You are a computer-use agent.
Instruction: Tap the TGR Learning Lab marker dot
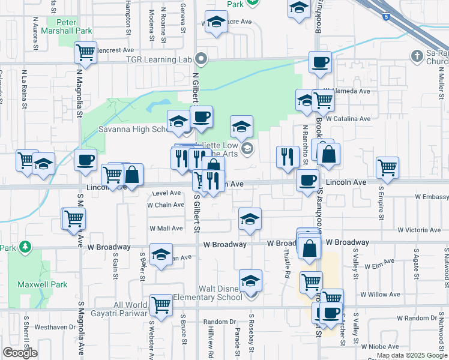pos(202,59)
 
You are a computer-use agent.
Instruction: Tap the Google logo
pos(20,353)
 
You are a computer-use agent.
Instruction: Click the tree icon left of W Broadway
pos(25,247)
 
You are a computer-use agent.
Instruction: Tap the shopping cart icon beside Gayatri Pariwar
pos(161,305)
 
